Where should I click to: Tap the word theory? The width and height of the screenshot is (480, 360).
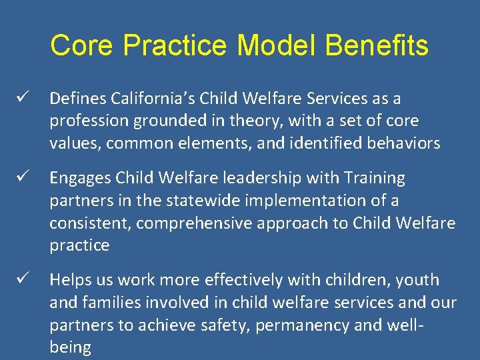pyautogui.click(x=259, y=121)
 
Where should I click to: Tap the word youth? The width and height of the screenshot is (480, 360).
pyautogui.click(x=417, y=280)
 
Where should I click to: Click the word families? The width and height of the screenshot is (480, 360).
pyautogui.click(x=114, y=303)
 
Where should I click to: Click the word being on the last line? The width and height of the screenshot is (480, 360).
pyautogui.click(x=70, y=348)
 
